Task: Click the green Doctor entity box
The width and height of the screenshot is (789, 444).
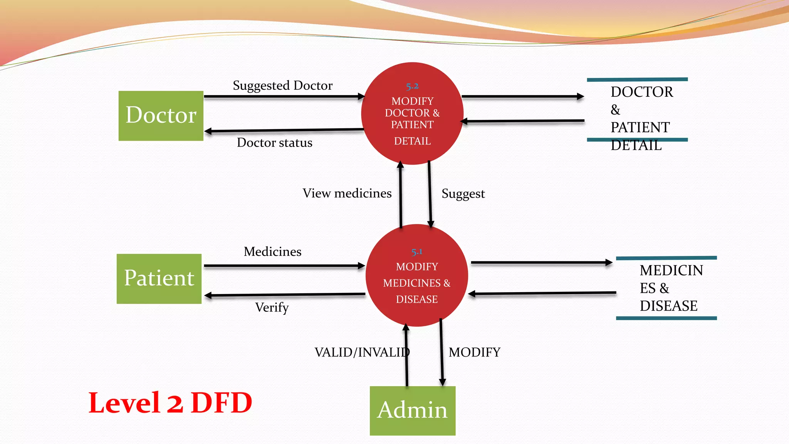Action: coord(161,116)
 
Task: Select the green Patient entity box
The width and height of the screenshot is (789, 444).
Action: coord(159,279)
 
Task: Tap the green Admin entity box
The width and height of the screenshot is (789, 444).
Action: coord(412,410)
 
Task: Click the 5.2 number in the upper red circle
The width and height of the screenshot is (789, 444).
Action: coord(412,86)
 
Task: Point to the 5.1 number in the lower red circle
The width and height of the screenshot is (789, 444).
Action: coord(416,252)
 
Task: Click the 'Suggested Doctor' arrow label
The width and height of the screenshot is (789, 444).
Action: coord(282,86)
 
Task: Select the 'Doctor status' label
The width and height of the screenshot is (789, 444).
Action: coord(274,143)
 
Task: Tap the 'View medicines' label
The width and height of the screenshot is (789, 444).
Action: coord(347,193)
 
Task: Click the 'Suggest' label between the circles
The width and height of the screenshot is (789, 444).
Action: coord(463,193)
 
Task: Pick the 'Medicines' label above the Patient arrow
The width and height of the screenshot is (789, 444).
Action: coord(272,252)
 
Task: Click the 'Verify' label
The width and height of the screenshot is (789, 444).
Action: coord(272,308)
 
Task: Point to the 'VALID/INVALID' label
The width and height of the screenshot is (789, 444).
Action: coord(362,352)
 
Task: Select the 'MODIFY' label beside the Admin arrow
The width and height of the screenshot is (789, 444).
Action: coord(474,352)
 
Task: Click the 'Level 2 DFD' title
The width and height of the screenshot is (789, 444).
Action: coord(170,403)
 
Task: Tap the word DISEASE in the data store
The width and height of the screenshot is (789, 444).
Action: coord(668,306)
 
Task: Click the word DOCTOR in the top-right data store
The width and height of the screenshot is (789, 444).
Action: coord(641,92)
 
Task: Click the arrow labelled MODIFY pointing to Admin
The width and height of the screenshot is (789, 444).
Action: coord(442,353)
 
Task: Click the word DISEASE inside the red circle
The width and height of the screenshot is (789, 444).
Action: coord(416,299)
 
